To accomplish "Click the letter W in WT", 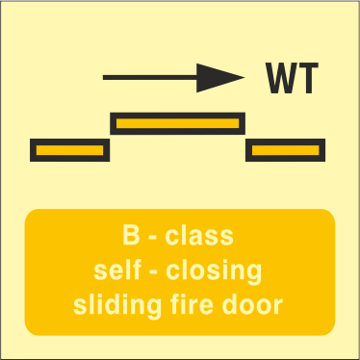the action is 282,78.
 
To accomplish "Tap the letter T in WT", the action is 308,78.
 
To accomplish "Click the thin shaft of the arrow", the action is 150,77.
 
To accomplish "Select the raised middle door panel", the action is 178,123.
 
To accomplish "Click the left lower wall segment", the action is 70,150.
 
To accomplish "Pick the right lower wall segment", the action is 286,150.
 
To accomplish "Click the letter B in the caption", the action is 131,235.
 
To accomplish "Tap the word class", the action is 199,236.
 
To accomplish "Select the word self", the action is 117,270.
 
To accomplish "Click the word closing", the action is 214,271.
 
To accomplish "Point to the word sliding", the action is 117,306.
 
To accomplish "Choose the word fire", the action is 192,304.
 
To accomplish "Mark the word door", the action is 252,304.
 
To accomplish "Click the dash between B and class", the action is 153,238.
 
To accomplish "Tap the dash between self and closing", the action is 154,272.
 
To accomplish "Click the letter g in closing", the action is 254,274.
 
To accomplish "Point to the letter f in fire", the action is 175,304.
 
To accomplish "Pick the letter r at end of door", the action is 278,306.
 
